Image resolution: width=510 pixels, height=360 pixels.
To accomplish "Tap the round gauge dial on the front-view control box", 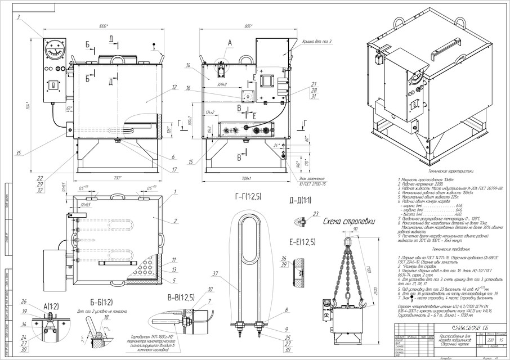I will (x=54, y=49).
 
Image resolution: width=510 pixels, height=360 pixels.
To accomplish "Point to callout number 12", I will (x=175, y=87).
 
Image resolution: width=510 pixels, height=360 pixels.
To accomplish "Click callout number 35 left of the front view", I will (x=19, y=153).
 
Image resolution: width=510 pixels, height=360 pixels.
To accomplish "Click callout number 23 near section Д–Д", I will (x=316, y=213).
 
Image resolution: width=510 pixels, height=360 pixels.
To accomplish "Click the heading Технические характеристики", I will (x=451, y=170).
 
